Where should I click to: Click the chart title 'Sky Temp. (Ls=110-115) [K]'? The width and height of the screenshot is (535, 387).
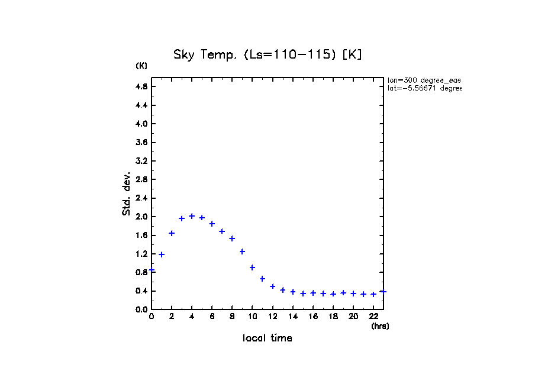[267, 54]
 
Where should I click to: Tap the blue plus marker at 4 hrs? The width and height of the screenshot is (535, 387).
[192, 216]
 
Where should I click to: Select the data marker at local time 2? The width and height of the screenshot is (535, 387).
[172, 233]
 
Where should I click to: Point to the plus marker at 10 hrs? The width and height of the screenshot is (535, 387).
[252, 267]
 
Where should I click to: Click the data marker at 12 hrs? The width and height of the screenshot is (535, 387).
[273, 286]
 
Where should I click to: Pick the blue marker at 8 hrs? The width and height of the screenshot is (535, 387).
[232, 238]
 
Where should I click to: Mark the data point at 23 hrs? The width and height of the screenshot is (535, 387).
[383, 291]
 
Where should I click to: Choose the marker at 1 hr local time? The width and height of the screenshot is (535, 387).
[162, 254]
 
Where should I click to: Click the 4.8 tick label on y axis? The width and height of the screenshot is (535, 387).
[141, 86]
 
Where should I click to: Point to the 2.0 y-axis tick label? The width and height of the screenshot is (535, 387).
[141, 217]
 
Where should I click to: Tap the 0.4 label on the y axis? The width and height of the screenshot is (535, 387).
[141, 291]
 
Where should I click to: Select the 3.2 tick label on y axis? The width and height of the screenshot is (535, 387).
[141, 161]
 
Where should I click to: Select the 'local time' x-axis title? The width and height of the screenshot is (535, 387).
[267, 338]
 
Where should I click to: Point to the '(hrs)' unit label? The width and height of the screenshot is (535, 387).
[380, 326]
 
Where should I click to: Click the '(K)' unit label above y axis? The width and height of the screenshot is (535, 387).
[141, 66]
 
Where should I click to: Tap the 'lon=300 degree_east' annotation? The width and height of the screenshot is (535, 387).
[424, 80]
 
